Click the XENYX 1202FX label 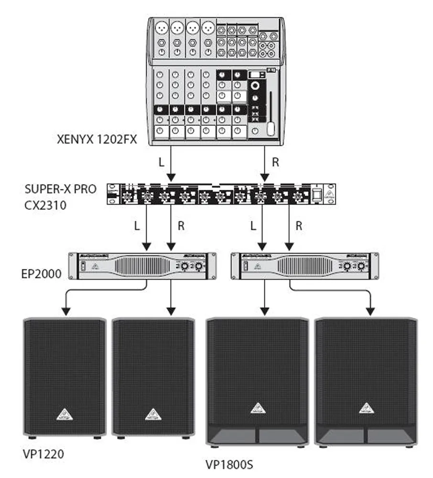96,140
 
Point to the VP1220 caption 43,453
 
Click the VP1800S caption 229,464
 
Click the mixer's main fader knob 271,128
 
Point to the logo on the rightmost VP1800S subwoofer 366,407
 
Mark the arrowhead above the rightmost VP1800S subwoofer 369,311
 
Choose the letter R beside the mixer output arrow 275,162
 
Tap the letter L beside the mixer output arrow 161,162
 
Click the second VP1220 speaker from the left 153,378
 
